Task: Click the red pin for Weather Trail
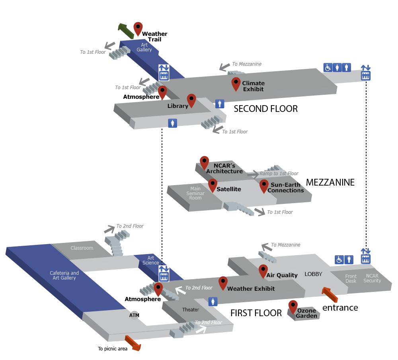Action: (138, 28)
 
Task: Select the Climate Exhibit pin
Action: (236, 84)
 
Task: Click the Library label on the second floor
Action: (178, 106)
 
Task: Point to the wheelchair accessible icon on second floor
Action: (328, 68)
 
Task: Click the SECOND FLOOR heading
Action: (265, 109)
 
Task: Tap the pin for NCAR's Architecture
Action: (204, 162)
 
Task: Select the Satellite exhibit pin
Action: (213, 185)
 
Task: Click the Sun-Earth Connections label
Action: (285, 188)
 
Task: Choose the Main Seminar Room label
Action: (195, 193)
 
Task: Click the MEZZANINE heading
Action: (330, 182)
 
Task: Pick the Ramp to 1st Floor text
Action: (279, 174)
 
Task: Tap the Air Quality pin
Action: (263, 271)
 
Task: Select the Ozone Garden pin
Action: (293, 306)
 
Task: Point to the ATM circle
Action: (135, 315)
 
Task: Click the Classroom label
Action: (82, 248)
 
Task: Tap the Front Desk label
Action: (351, 278)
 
